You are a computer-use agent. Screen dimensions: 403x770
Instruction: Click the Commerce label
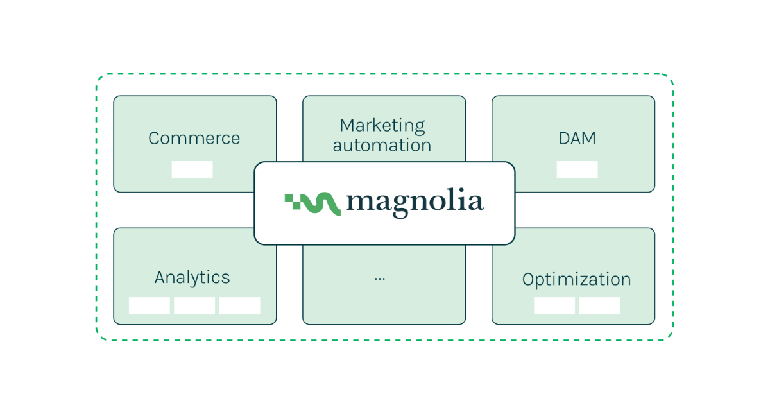pos(194,139)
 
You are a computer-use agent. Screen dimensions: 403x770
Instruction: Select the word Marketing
pos(382,125)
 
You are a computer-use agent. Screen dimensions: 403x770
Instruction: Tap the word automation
pos(382,145)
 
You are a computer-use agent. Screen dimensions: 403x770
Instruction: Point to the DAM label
pos(577,139)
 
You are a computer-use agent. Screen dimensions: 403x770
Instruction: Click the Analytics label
pos(192,277)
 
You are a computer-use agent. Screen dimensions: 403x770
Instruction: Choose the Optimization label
pos(576,280)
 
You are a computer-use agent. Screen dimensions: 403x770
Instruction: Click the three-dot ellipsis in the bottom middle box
pos(380,279)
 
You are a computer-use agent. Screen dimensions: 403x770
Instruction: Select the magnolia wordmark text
pos(415,202)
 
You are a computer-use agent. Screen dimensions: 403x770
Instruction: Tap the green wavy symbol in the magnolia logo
pos(312,203)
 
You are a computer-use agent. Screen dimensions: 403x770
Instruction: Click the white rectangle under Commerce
pos(192,169)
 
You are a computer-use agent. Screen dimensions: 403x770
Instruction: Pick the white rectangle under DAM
pos(577,169)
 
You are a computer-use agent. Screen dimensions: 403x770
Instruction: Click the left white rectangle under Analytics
pos(150,305)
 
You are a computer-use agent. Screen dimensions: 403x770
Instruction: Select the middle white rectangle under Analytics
pos(194,305)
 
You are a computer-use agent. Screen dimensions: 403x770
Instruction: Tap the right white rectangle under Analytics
pos(239,305)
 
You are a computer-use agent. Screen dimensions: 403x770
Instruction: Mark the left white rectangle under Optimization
pos(554,305)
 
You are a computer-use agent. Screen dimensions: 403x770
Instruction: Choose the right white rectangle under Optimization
pos(599,305)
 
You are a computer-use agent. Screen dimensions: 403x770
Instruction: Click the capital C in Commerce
pos(155,139)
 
